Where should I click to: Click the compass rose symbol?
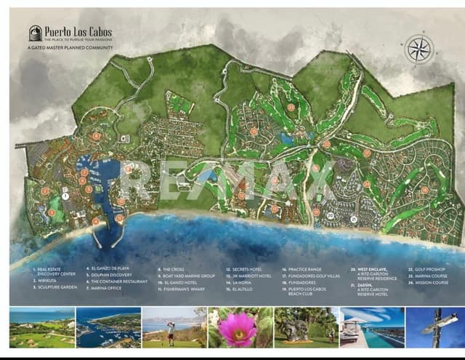coord(418,49)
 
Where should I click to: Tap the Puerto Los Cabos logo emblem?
coord(35,33)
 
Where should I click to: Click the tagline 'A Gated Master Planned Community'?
coord(70,47)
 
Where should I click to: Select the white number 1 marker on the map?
coord(65,196)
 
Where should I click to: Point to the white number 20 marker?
coord(330,216)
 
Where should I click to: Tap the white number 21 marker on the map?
coord(353,218)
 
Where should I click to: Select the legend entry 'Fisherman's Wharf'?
coord(182,289)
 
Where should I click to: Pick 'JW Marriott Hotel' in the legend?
coord(251,276)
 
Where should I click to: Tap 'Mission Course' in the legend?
coord(432,282)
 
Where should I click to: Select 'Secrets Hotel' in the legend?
coord(248,269)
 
